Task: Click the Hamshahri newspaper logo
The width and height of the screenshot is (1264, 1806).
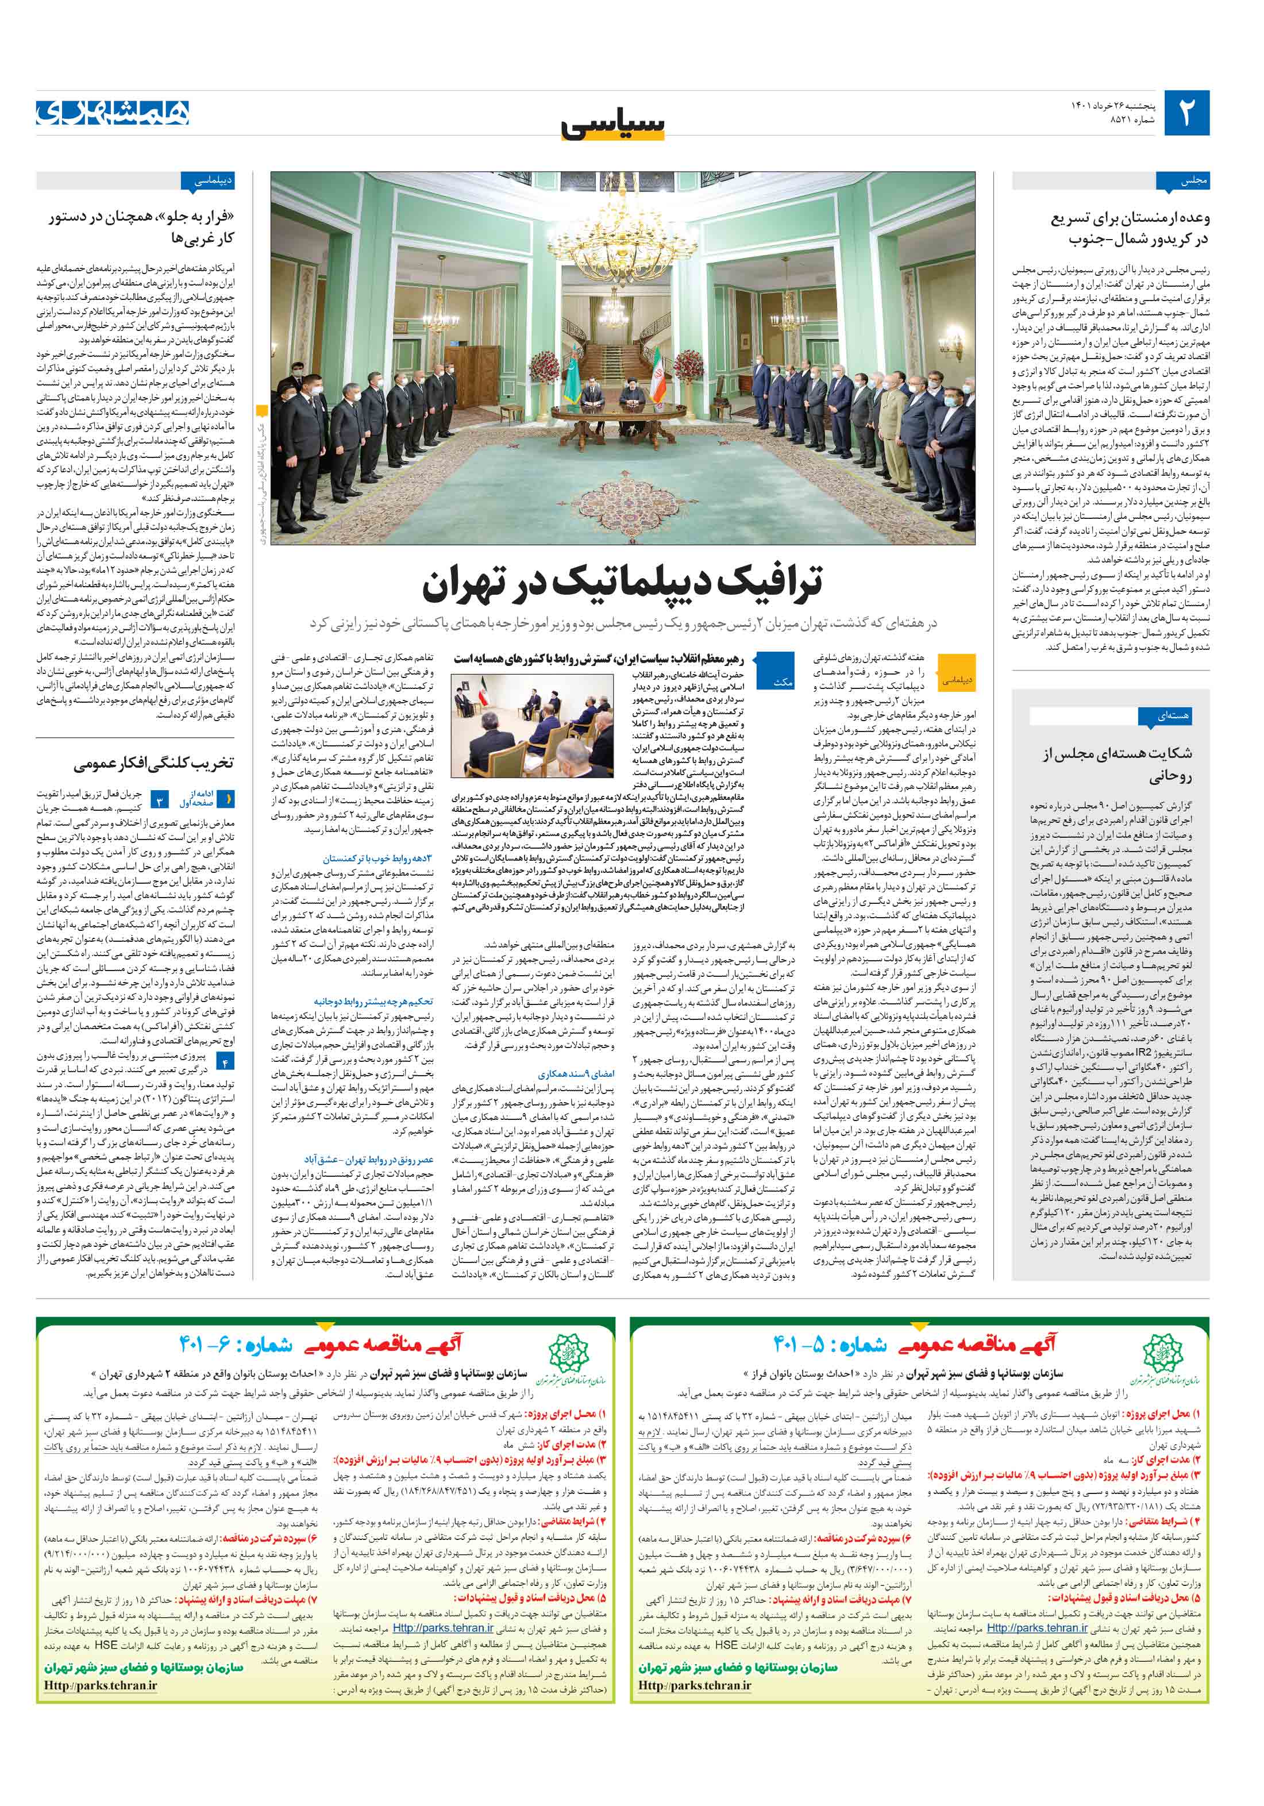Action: coord(113,113)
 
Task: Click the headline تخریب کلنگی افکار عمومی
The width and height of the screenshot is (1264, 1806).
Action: coord(153,764)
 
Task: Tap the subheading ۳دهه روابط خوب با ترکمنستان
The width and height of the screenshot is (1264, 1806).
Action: coord(377,858)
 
